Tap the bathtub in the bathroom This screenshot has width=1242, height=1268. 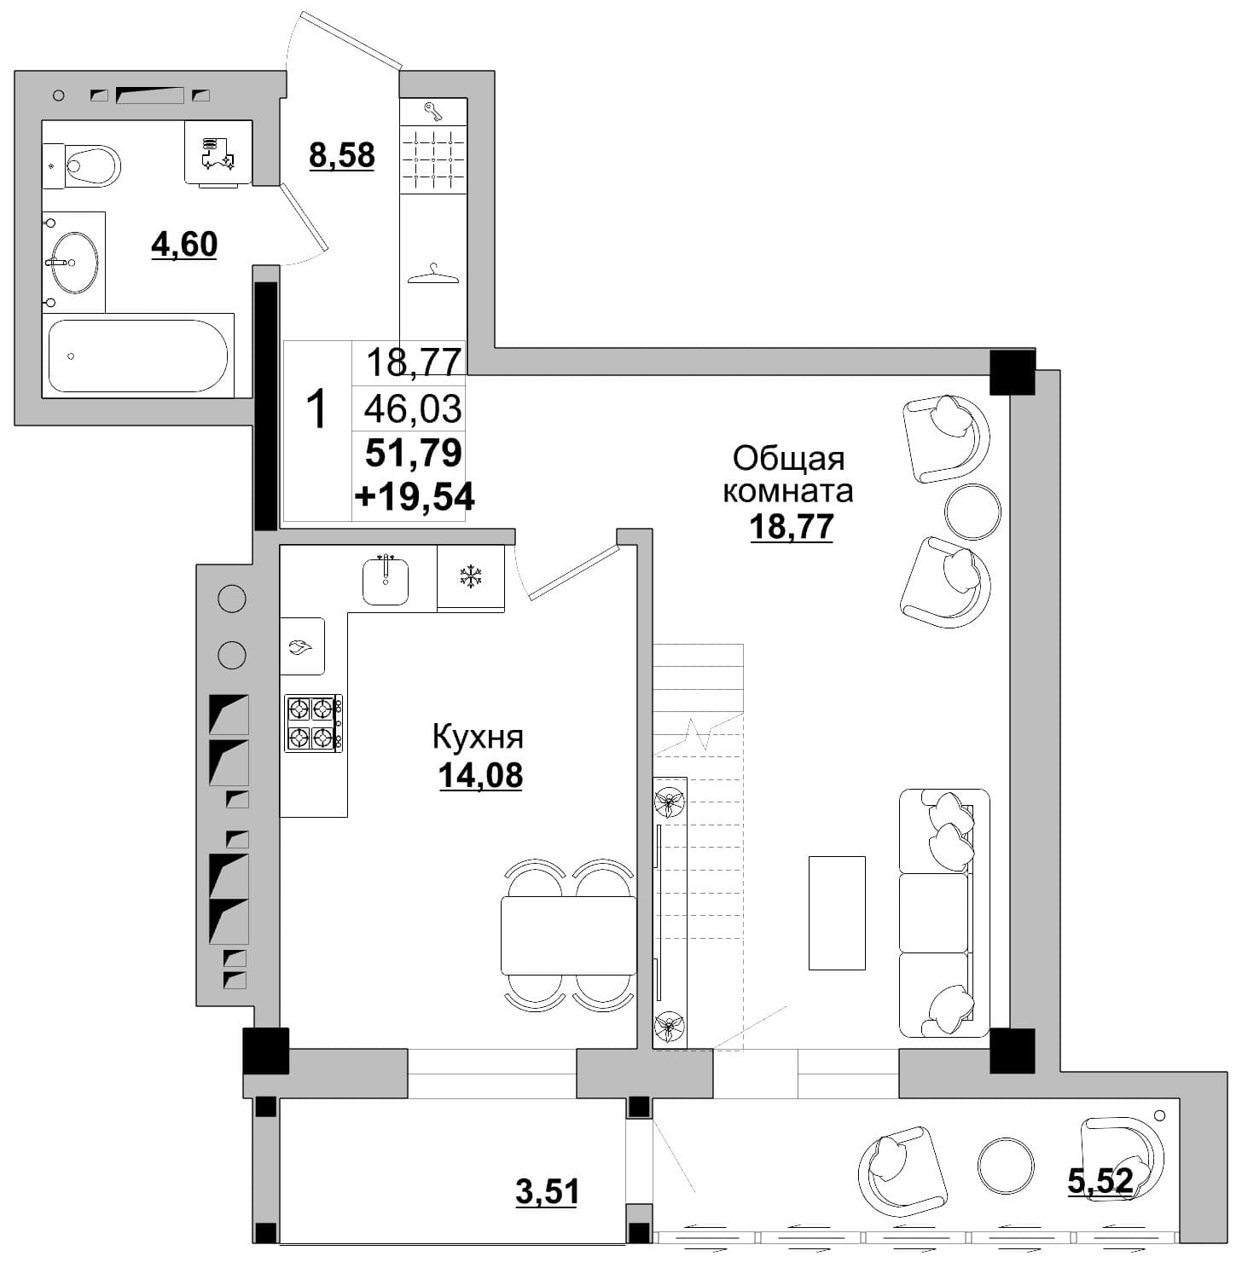(138, 355)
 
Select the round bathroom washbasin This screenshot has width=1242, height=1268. (74, 262)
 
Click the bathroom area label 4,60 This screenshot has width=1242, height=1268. (184, 246)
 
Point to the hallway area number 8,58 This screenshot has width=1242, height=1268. (342, 156)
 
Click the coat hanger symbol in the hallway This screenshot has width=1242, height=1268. (433, 274)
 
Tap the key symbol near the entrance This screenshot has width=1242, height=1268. (433, 112)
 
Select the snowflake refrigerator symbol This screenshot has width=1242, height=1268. (470, 576)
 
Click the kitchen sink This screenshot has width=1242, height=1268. (386, 580)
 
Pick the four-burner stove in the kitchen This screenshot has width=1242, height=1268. (314, 723)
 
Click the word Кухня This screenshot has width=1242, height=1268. (478, 737)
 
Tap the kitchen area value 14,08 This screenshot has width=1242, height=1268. (481, 776)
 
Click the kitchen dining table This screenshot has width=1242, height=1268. (569, 935)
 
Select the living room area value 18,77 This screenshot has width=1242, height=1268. (792, 527)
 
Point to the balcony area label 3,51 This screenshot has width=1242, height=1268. (548, 1191)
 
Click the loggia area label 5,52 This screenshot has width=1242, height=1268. (1100, 1181)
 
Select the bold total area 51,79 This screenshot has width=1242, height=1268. (414, 453)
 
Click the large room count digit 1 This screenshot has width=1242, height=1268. (316, 409)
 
